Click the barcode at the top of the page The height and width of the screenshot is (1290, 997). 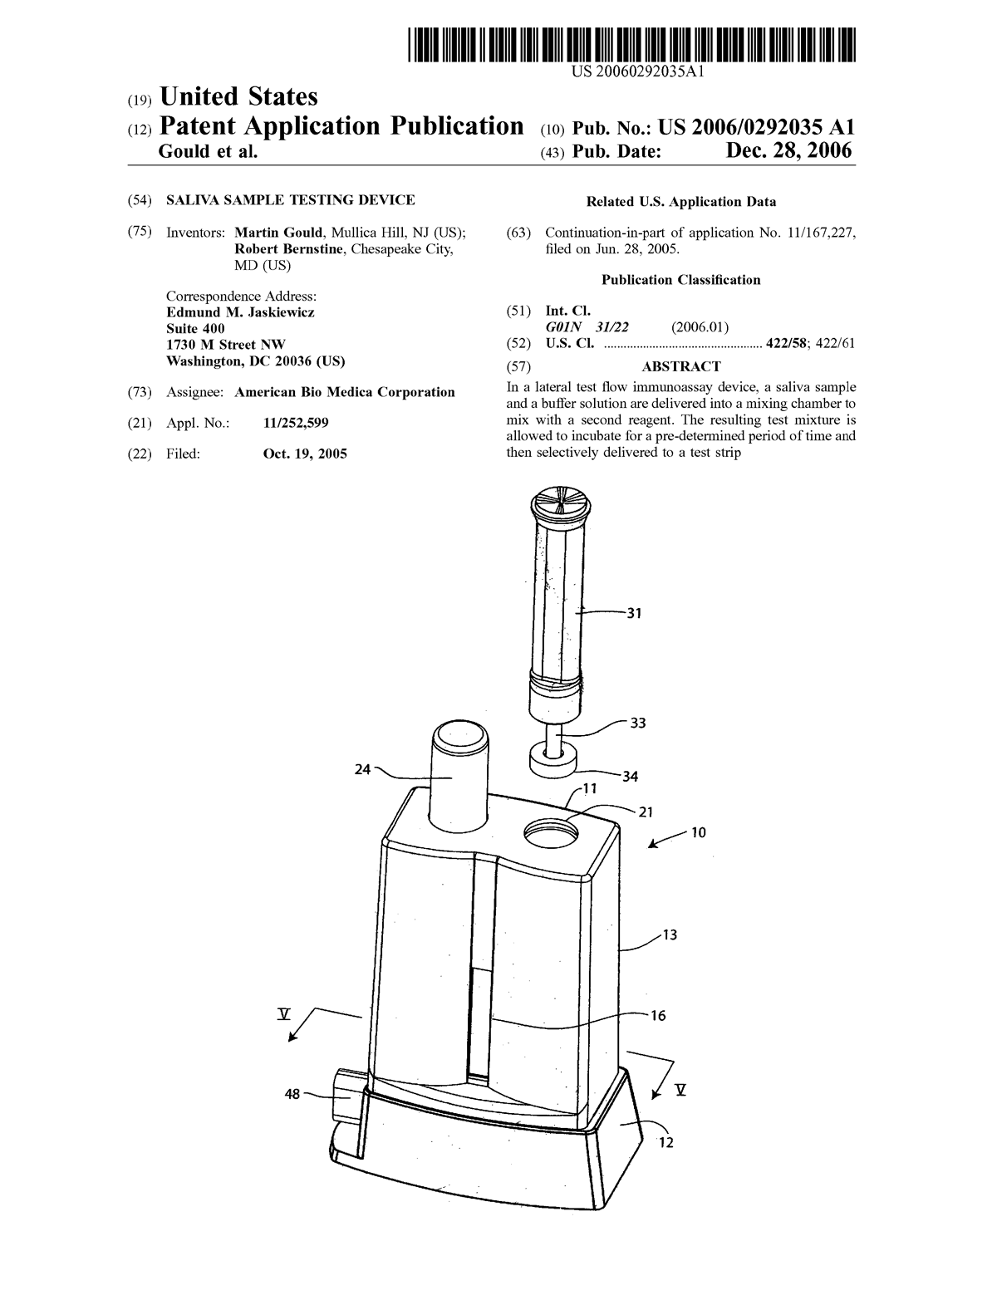[631, 44]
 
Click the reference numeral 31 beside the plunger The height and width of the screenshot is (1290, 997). [634, 613]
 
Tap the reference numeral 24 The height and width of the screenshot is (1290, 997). [362, 769]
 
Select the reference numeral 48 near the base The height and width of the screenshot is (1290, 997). [292, 1093]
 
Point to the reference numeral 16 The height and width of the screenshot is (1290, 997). [658, 1016]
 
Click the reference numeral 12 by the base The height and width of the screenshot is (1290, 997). [665, 1142]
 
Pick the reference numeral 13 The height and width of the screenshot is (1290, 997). [669, 935]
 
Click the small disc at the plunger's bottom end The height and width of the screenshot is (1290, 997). [553, 763]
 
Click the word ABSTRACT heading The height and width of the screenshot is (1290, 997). [681, 366]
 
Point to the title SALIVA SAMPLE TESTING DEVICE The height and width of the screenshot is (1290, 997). [290, 200]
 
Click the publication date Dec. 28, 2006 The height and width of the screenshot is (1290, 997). [788, 151]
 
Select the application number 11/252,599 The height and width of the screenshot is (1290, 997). [296, 423]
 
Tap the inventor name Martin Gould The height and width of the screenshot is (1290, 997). [277, 232]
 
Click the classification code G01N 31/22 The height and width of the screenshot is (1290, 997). [587, 326]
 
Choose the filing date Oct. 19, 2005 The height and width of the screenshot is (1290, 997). [305, 454]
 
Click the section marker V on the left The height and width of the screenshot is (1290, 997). [284, 1014]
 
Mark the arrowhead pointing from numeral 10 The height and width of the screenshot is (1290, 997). [652, 844]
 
